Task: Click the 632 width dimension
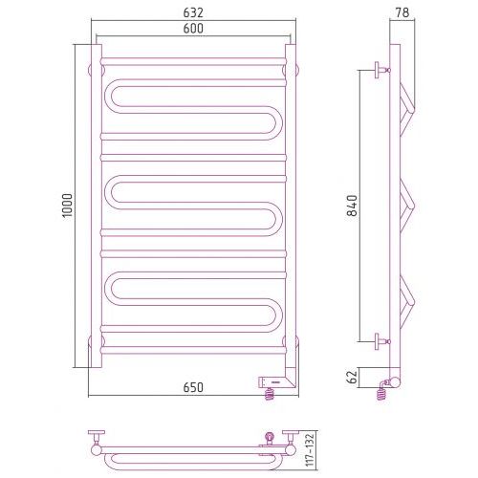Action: (x=193, y=12)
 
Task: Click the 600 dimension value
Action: (x=193, y=29)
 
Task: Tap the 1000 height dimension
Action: (x=68, y=206)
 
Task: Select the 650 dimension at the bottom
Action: (x=193, y=387)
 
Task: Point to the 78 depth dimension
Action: (x=402, y=12)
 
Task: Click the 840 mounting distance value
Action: (x=353, y=206)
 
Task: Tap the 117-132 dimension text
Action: (x=310, y=450)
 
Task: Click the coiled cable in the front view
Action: (x=270, y=394)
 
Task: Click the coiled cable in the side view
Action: (x=381, y=391)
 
